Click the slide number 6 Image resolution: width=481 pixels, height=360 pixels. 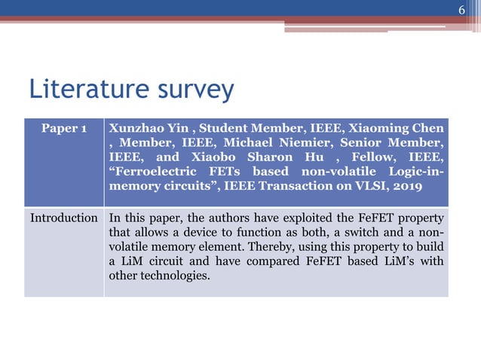(463, 10)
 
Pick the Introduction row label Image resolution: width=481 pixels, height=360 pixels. (64, 218)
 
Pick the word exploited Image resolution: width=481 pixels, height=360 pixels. (311, 218)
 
